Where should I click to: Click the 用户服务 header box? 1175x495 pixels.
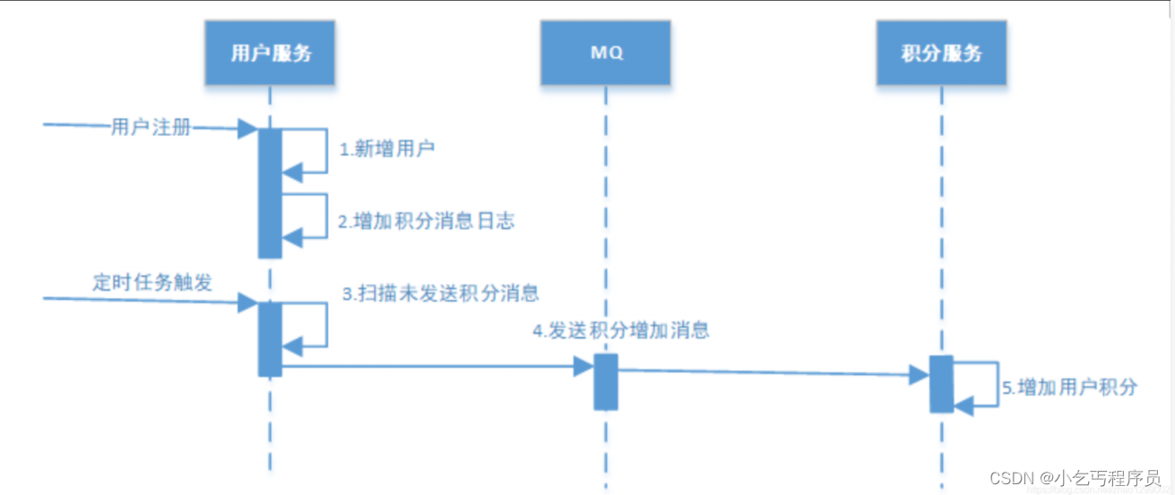(x=271, y=53)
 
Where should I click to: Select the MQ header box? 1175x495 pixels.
(x=606, y=53)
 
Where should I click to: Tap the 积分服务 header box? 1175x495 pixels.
(x=941, y=53)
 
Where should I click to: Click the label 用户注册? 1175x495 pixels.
(x=151, y=127)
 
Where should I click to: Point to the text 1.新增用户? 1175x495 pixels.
(x=386, y=149)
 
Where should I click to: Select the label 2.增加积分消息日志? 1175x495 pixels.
(x=426, y=221)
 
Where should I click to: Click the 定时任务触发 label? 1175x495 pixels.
(x=152, y=282)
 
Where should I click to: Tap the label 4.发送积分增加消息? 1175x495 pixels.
(x=621, y=330)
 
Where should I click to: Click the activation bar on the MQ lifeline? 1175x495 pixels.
(x=606, y=381)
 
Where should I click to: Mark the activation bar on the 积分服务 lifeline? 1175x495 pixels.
(x=941, y=383)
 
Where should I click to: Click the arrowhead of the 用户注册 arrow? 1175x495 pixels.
(x=248, y=130)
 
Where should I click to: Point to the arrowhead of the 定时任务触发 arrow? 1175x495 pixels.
(x=248, y=303)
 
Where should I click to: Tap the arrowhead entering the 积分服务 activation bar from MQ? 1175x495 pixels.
(x=919, y=374)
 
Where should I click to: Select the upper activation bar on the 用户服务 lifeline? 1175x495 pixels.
(x=270, y=192)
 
